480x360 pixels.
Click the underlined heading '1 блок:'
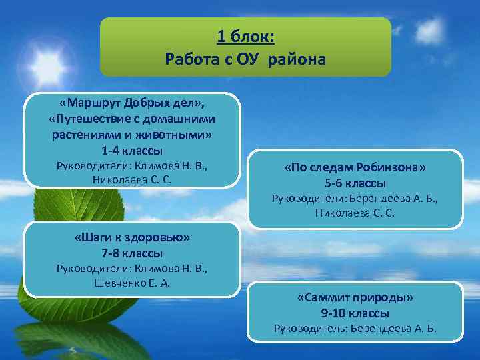245,37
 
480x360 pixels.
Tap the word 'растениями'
83,135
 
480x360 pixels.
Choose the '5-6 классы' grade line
355,183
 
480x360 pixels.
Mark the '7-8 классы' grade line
131,253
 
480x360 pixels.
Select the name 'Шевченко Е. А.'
132,283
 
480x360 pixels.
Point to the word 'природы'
388,298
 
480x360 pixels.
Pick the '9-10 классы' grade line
355,313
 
